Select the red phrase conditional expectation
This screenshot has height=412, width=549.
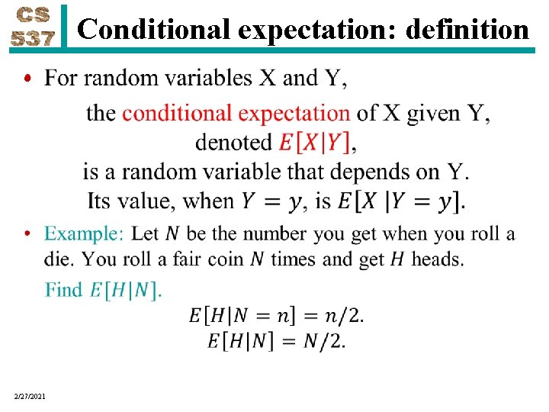point(236,114)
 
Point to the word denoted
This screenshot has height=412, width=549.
point(234,143)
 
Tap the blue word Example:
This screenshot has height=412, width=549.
point(84,233)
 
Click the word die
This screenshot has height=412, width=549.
point(59,259)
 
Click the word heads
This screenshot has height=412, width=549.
point(437,259)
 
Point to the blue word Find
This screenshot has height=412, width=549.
point(63,290)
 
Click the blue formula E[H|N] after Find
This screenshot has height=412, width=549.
point(126,290)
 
